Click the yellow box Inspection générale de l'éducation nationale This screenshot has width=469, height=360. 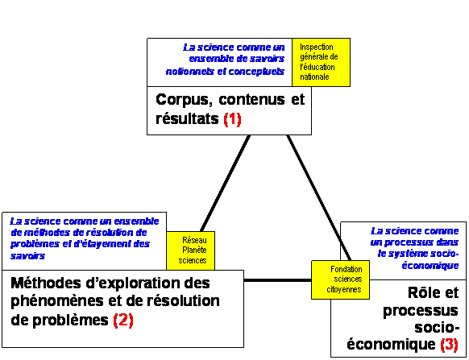click(x=321, y=62)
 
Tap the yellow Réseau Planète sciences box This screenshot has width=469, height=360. click(x=190, y=250)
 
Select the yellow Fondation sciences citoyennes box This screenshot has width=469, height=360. click(x=340, y=279)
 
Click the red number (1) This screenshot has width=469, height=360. click(x=232, y=119)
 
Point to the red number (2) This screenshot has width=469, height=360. click(x=123, y=321)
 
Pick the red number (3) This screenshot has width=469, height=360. click(x=450, y=344)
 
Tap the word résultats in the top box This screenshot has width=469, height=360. click(x=187, y=118)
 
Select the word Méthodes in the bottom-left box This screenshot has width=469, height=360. click(x=46, y=283)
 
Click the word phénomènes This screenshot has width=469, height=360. click(x=57, y=301)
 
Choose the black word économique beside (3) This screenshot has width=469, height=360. click(x=391, y=345)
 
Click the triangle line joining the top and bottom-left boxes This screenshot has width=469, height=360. click(x=225, y=183)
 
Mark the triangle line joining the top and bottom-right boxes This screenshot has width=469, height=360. click(x=318, y=197)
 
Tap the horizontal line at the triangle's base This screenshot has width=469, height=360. click(x=278, y=280)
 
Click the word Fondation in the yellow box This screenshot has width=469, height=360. click(x=346, y=270)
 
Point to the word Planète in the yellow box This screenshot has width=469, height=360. click(x=194, y=250)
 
